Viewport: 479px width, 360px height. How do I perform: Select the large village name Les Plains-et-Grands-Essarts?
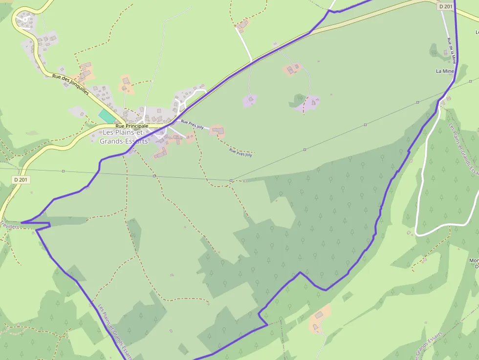tap(124, 137)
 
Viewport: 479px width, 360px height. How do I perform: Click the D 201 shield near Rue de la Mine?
tap(445, 6)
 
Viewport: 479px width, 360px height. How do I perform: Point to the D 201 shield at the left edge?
tap(22, 180)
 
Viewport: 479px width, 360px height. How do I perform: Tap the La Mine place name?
tap(445, 71)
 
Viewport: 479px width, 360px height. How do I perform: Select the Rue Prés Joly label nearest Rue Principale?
tap(192, 124)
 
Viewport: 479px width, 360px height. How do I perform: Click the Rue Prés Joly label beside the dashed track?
tap(240, 153)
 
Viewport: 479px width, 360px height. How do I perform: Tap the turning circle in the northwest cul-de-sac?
tap(25, 20)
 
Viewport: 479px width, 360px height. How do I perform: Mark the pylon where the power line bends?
tap(231, 181)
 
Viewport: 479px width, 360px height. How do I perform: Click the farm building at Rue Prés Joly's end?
tap(218, 130)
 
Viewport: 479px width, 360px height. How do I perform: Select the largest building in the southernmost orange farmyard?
tap(320, 315)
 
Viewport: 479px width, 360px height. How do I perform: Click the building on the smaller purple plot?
tap(250, 100)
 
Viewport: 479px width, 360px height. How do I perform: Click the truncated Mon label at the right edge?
tap(474, 261)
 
